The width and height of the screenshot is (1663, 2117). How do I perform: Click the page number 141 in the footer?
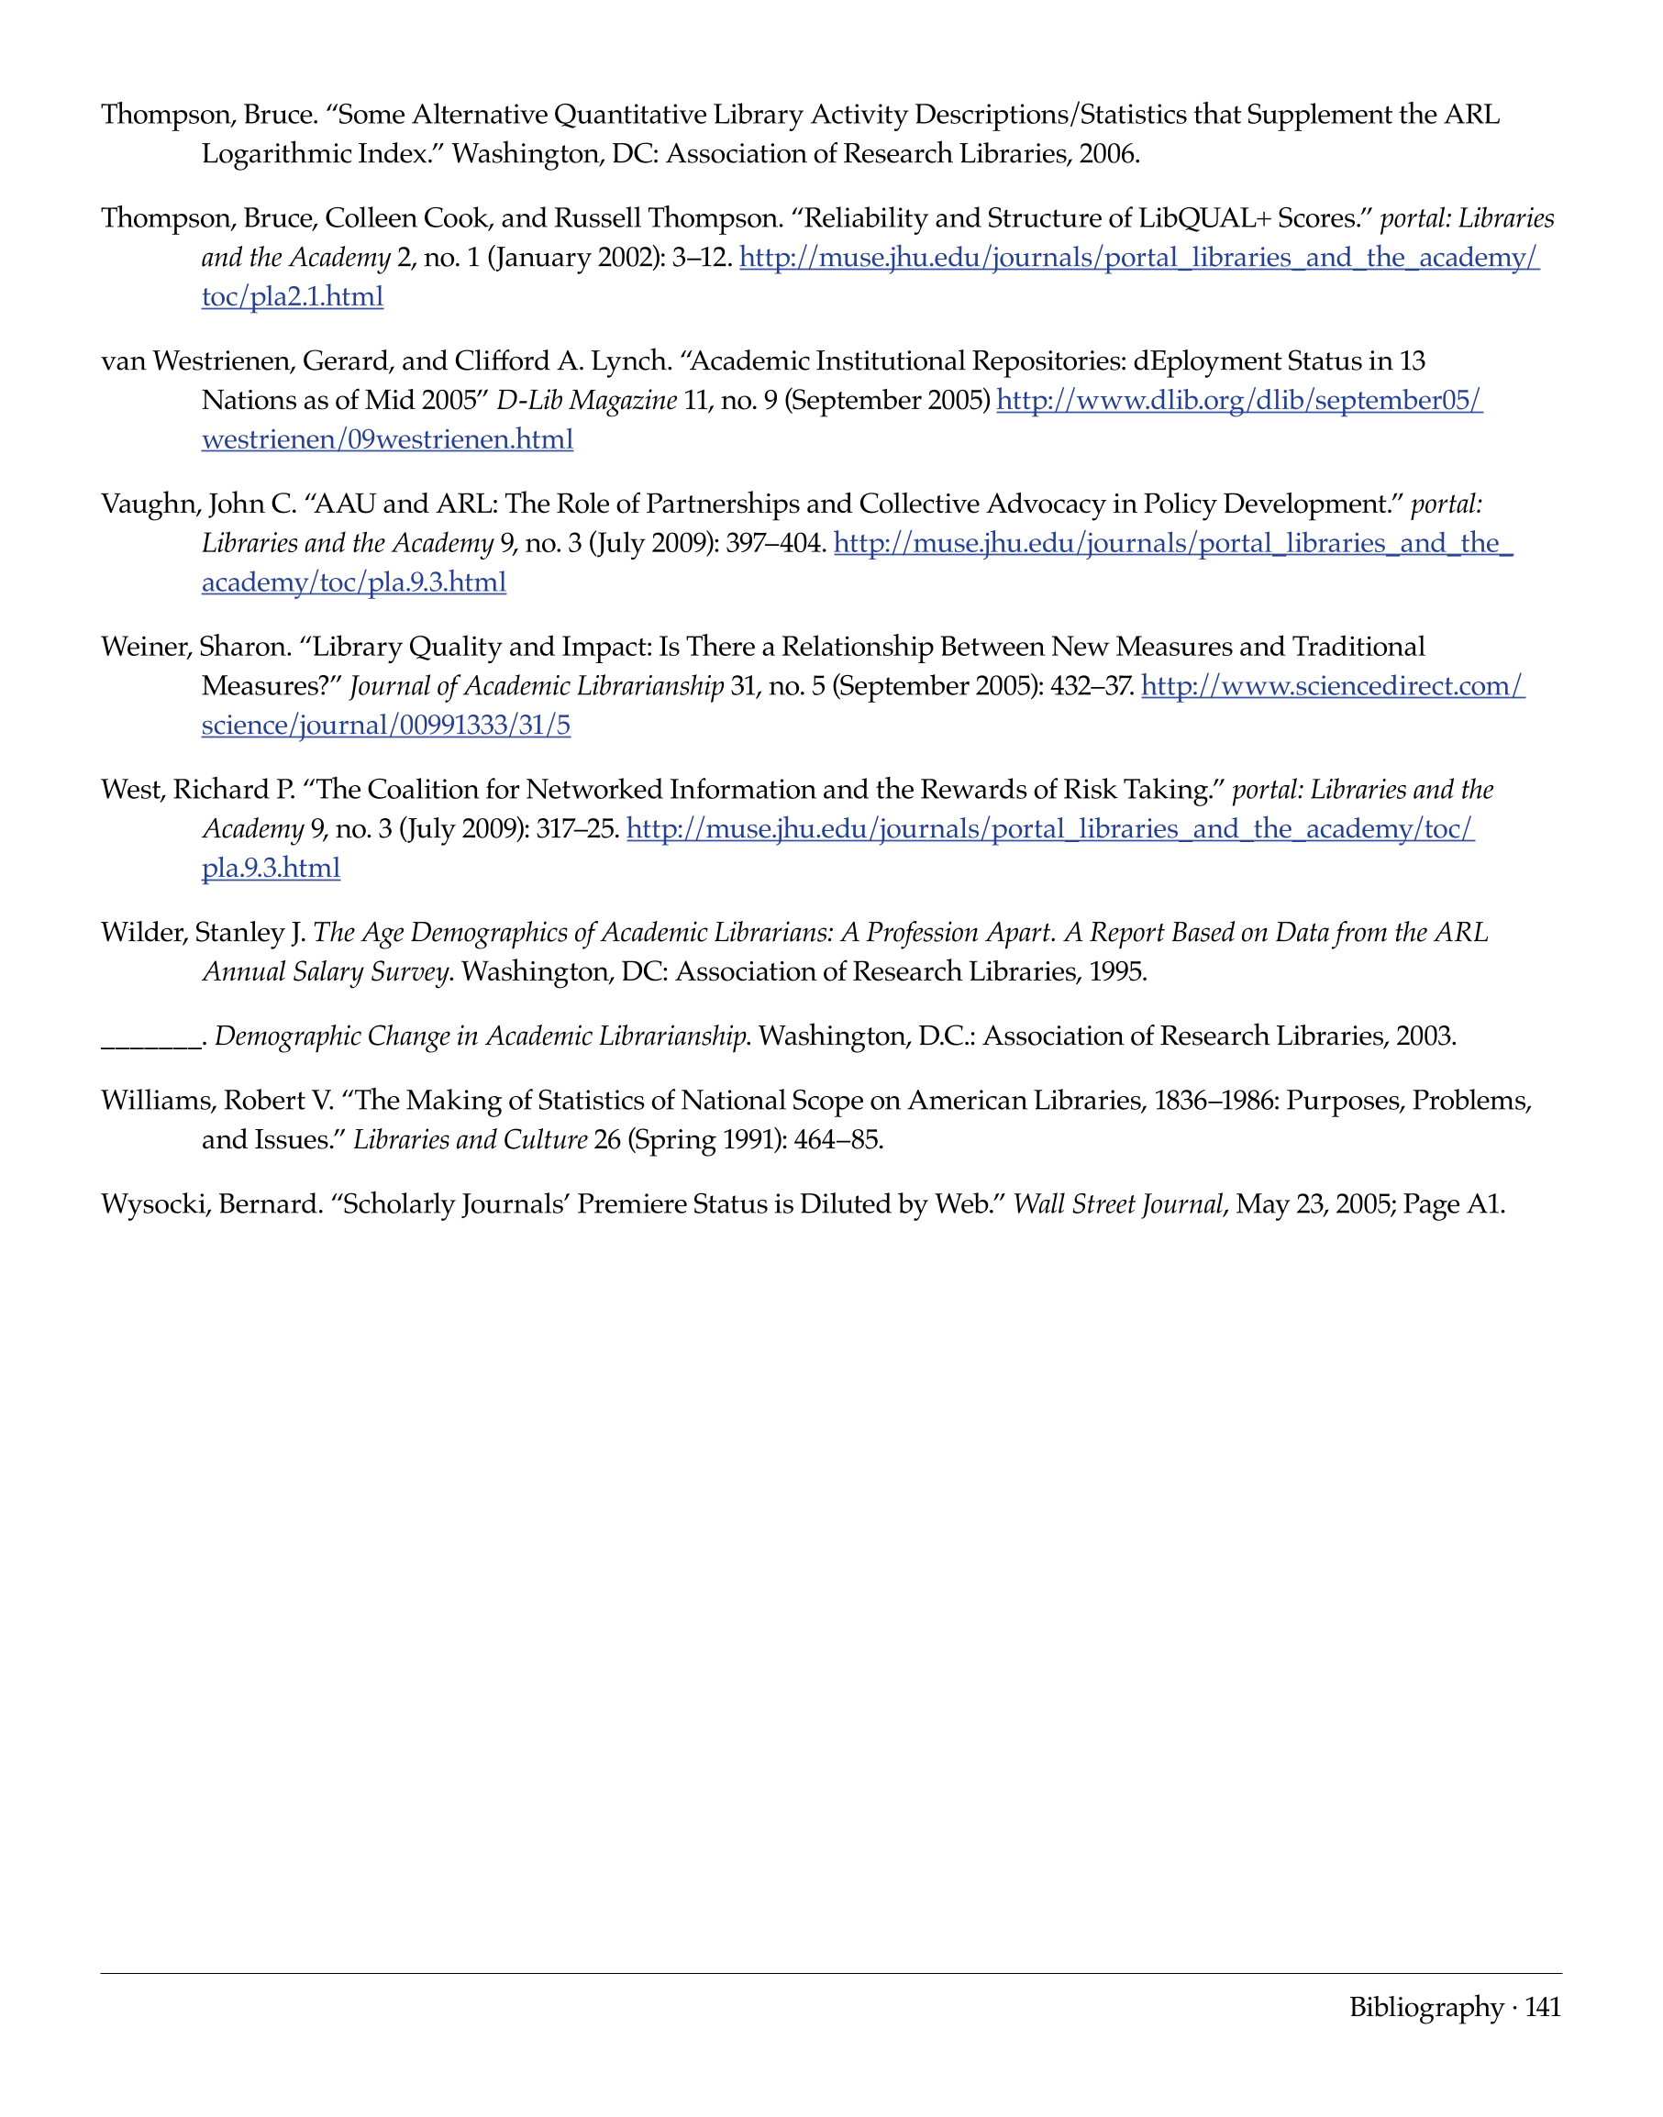[1542, 2007]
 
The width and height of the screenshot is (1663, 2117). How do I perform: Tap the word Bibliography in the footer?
[1426, 2007]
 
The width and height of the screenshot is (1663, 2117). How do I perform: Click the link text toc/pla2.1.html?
[292, 296]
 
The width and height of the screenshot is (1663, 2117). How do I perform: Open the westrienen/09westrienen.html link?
[387, 439]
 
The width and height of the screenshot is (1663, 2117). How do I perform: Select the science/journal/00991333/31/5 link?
[385, 725]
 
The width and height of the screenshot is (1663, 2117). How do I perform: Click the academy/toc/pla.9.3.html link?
[353, 582]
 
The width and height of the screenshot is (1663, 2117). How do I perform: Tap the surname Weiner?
[146, 647]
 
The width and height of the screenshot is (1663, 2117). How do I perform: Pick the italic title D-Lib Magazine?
[586, 400]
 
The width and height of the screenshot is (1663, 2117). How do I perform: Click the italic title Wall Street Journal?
[1118, 1204]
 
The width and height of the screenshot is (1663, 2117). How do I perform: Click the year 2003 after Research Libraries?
[1425, 1036]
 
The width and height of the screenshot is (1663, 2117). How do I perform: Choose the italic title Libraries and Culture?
[471, 1139]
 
